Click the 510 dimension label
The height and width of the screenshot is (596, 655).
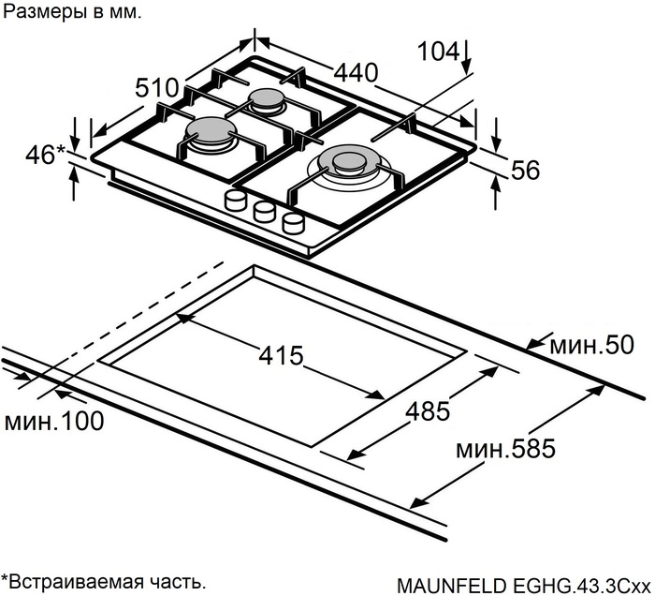(x=156, y=88)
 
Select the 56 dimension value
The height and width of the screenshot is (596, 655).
(x=527, y=170)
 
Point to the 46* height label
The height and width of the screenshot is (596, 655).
(x=43, y=155)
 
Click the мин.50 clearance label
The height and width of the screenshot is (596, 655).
(x=586, y=344)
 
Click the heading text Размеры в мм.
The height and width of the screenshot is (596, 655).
(x=74, y=13)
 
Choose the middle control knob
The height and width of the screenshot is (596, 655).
(x=265, y=211)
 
